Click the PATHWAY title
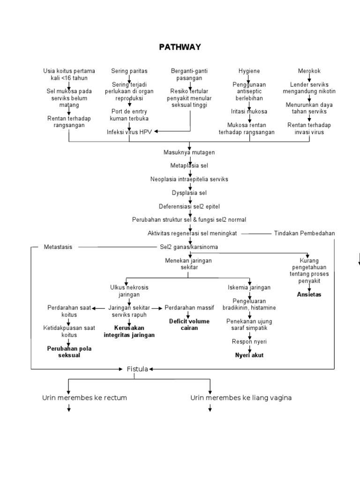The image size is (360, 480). (x=180, y=47)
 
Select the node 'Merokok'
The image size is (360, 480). (x=309, y=71)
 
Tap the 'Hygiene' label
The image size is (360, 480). (x=249, y=71)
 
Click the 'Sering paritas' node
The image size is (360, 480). (x=129, y=71)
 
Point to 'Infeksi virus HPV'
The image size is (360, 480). (x=129, y=132)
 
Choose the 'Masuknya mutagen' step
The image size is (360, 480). (x=189, y=152)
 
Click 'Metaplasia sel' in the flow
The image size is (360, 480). (x=189, y=166)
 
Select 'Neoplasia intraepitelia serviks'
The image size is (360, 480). (x=189, y=179)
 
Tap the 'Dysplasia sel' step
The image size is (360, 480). (x=189, y=193)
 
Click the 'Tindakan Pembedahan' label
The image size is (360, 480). (x=304, y=233)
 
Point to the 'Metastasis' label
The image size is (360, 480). (x=58, y=247)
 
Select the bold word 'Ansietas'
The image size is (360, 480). (x=309, y=294)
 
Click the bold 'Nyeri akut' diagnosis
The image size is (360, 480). (x=249, y=355)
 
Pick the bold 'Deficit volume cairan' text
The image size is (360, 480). (x=189, y=325)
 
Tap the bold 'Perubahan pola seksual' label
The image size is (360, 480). (x=69, y=352)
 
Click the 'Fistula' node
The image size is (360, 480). (x=137, y=369)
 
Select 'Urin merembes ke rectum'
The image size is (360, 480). (x=84, y=397)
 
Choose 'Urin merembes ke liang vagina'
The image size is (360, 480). (x=241, y=397)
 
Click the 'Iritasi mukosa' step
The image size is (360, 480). (x=249, y=112)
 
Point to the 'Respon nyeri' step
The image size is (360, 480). (x=249, y=342)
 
